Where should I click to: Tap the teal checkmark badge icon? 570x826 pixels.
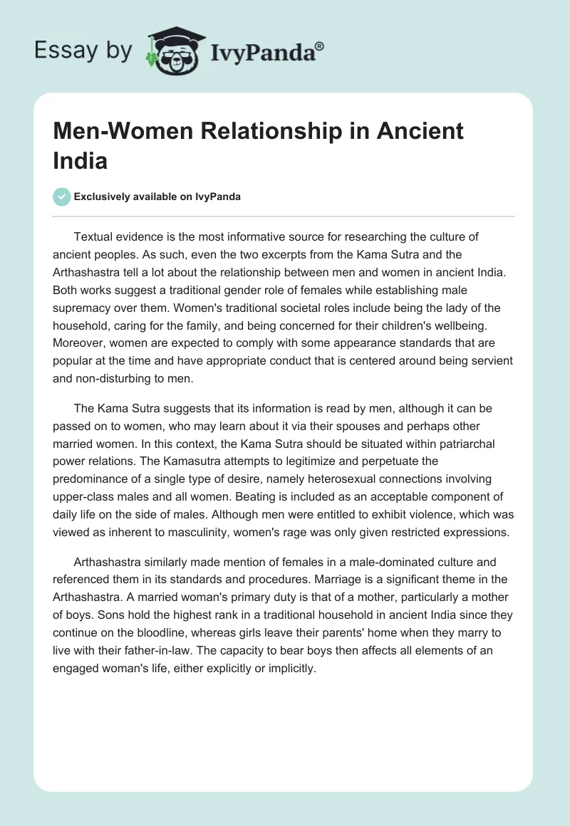(63, 197)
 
